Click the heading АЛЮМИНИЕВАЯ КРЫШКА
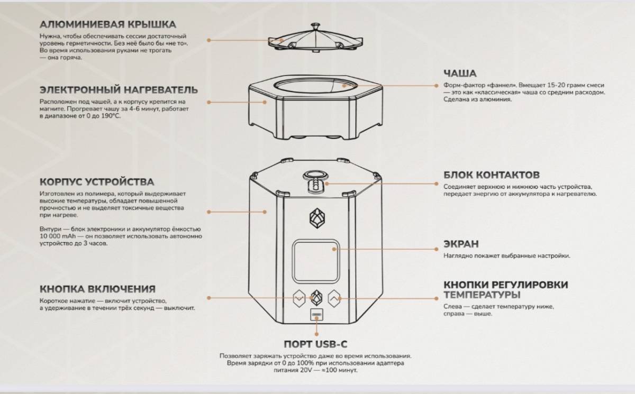[108, 25]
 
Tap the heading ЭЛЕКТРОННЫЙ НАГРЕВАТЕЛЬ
[119, 90]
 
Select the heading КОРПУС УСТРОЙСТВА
[97, 182]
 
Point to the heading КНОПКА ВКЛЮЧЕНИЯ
[97, 289]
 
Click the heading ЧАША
[460, 74]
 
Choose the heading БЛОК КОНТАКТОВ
[492, 175]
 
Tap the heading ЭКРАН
[461, 244]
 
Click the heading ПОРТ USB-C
[315, 344]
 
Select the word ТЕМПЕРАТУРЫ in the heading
[482, 295]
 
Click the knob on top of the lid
[315, 26]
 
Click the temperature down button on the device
[299, 298]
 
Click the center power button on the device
[316, 298]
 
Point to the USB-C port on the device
[316, 315]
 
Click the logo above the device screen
[317, 218]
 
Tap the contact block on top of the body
[315, 182]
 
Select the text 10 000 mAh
[58, 236]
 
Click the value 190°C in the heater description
[111, 116]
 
